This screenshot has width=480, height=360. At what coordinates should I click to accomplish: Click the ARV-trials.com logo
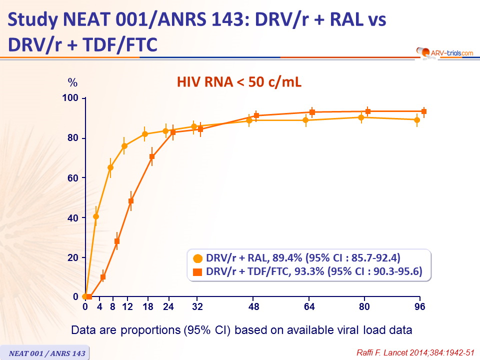443,51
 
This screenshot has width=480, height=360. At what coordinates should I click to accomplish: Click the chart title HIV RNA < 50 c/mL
239,82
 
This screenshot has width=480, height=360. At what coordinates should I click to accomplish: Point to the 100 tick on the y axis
71,98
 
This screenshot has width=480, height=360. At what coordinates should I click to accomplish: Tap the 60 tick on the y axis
73,178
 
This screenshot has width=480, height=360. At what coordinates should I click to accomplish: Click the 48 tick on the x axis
254,306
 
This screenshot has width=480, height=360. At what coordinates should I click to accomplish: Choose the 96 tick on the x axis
419,306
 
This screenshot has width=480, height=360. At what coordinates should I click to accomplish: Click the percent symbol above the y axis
73,82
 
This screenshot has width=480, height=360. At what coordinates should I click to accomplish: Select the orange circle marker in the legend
198,258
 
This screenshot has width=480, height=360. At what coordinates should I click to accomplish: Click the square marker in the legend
198,271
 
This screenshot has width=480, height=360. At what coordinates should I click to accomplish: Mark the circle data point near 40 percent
96,216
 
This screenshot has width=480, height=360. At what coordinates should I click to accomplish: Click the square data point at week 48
256,115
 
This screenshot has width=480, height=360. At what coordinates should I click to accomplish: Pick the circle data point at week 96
417,119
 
